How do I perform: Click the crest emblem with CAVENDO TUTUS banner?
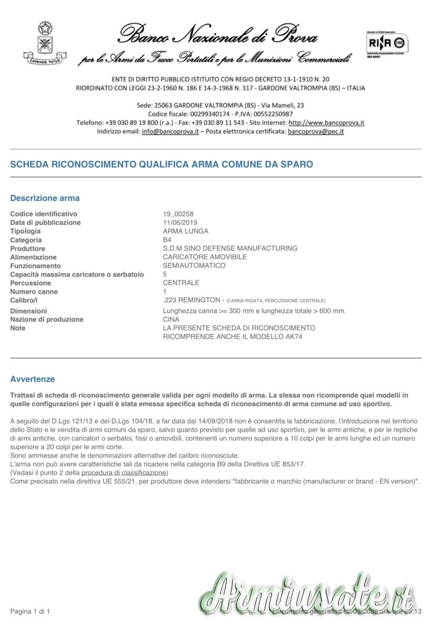[x=45, y=43]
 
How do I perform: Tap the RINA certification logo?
[x=388, y=43]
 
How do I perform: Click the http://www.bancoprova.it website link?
[x=326, y=123]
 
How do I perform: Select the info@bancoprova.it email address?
[x=170, y=132]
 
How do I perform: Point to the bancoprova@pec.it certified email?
[x=316, y=132]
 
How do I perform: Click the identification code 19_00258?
[x=178, y=214]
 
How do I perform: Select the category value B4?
[x=167, y=240]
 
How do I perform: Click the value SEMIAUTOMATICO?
[x=194, y=266]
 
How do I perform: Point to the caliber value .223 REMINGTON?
[x=191, y=300]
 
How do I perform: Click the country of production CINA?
[x=171, y=319]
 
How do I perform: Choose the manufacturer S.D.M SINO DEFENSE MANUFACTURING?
[x=230, y=248]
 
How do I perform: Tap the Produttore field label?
[x=28, y=248]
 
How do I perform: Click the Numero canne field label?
[x=34, y=291]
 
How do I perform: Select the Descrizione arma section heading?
[x=45, y=198]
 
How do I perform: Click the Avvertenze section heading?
[x=33, y=379]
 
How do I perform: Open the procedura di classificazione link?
[x=124, y=473]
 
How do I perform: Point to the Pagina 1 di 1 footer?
[x=30, y=612]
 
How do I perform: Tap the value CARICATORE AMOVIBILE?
[x=204, y=257]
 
